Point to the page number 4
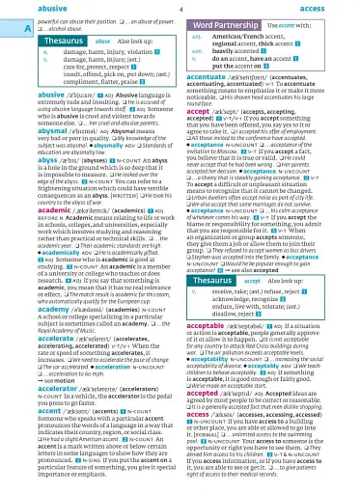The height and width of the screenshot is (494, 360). pyautogui.click(x=180, y=8)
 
